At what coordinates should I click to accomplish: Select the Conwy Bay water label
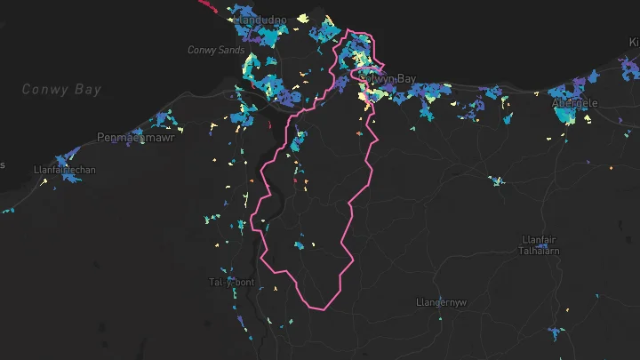(61, 90)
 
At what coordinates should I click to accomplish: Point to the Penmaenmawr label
(136, 138)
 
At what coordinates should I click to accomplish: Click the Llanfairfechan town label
(63, 169)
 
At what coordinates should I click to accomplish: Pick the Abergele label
(575, 103)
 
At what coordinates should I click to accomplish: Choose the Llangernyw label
(442, 302)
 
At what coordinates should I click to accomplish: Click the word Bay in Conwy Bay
(88, 90)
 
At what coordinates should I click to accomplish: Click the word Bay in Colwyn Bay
(405, 79)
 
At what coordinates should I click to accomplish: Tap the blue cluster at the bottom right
(556, 333)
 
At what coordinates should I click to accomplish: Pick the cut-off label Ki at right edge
(634, 42)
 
